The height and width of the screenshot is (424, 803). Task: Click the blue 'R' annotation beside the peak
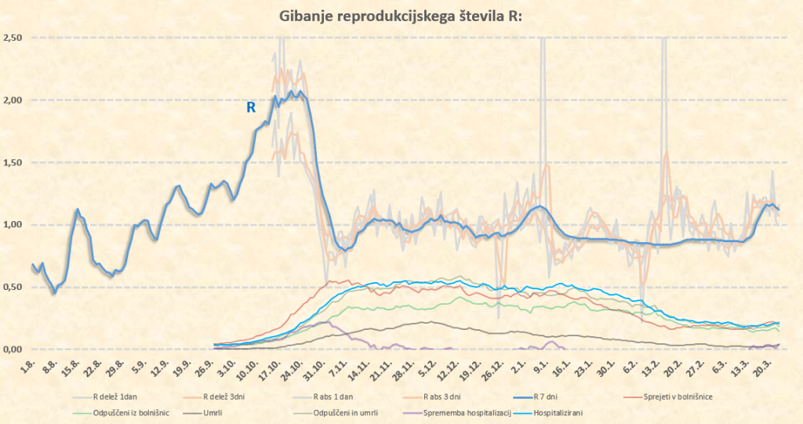tap(251, 108)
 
